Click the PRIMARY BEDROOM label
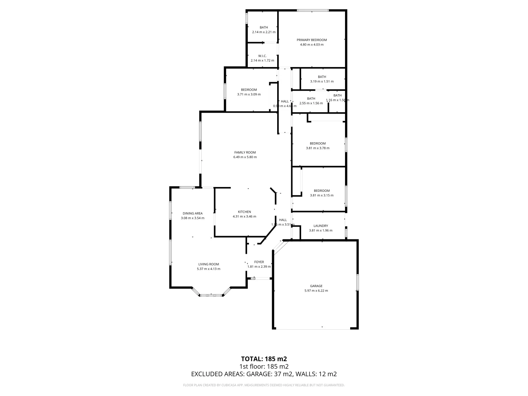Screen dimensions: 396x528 click(312, 40)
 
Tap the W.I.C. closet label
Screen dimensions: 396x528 click(262, 56)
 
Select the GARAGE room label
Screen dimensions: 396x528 click(316, 286)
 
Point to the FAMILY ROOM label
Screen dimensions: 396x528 click(245, 153)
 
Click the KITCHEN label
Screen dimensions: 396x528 click(245, 212)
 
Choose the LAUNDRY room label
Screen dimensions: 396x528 click(320, 226)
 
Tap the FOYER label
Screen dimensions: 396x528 click(259, 262)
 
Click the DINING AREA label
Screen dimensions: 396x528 click(192, 213)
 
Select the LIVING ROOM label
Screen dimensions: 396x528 click(209, 264)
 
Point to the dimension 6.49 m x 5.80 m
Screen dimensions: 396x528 click(245, 157)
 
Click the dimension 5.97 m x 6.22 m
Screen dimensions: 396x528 click(316, 291)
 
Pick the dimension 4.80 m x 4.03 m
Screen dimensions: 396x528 click(312, 45)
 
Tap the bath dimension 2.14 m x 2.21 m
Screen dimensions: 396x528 click(264, 32)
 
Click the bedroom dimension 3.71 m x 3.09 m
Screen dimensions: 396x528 click(249, 95)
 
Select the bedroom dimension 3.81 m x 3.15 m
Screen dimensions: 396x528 click(322, 195)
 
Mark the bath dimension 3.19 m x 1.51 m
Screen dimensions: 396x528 click(322, 81)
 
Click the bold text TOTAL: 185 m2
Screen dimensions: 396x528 click(264, 359)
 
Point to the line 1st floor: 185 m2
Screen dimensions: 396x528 click(264, 366)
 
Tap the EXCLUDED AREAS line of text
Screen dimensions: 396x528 click(264, 374)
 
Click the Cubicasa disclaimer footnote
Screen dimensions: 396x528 click(264, 385)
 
